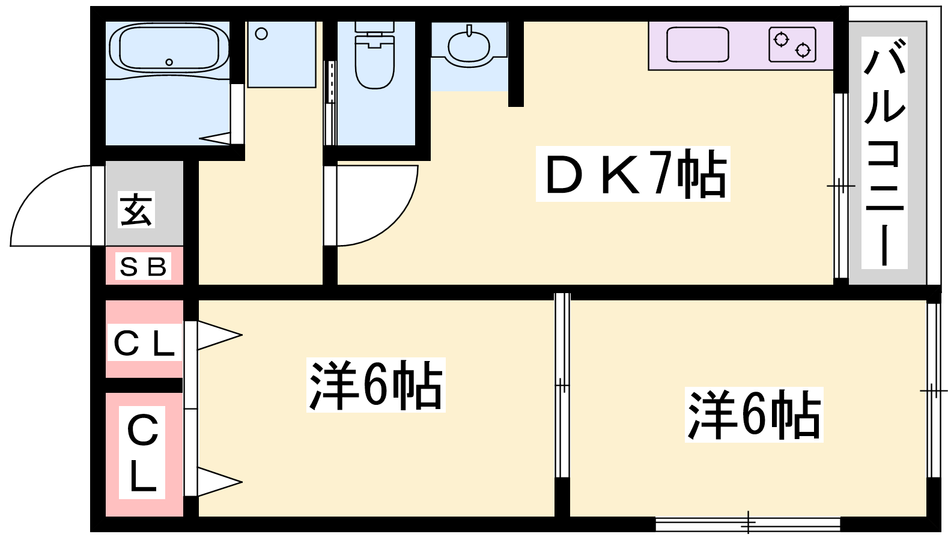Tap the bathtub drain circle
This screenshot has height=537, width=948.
point(169,62)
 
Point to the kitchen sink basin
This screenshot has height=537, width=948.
point(697,44)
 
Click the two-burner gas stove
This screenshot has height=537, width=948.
point(792,44)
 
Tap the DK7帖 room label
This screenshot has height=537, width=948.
point(633,174)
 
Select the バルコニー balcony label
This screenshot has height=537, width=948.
point(884,153)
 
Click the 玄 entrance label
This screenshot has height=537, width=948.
point(136,210)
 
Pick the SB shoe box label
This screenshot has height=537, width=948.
point(143,266)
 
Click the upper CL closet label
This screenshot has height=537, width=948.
point(144,342)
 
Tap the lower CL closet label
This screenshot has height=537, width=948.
point(142,452)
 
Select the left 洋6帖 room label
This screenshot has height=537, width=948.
point(376,384)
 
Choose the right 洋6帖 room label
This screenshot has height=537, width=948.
point(754,414)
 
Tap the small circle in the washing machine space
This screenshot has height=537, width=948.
point(261,34)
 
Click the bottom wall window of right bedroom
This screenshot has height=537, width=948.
point(748,524)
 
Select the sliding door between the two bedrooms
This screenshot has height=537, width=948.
point(562,385)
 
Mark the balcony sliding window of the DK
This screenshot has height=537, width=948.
point(841,186)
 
